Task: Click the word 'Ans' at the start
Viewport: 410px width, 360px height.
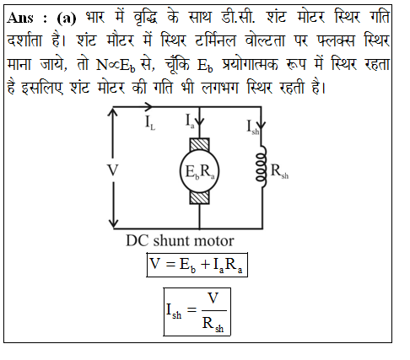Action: (x=20, y=18)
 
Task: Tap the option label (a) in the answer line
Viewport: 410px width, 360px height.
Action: (x=67, y=19)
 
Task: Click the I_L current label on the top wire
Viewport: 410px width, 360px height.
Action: (x=150, y=123)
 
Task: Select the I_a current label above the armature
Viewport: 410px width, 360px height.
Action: (x=190, y=121)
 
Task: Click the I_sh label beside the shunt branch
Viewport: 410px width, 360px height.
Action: (x=252, y=127)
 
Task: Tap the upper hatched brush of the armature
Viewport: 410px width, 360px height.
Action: (x=199, y=145)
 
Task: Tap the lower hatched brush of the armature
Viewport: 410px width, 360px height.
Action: (x=199, y=197)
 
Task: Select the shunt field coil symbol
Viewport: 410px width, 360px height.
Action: (x=262, y=166)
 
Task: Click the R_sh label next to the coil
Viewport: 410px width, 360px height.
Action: (x=279, y=171)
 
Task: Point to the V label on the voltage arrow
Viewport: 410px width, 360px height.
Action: (x=112, y=170)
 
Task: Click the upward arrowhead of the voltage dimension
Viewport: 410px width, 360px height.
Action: (x=113, y=112)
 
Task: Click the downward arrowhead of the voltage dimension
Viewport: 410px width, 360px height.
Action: (x=113, y=223)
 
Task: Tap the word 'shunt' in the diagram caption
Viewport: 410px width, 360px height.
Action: (x=171, y=241)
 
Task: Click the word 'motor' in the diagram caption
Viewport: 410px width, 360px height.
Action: (x=213, y=241)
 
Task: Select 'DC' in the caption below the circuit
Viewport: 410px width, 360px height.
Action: (x=138, y=241)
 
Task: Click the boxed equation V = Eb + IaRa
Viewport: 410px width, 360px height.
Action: (x=197, y=265)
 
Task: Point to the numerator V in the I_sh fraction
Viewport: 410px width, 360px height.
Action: (x=213, y=298)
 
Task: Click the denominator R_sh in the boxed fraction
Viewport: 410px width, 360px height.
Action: (x=213, y=324)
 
